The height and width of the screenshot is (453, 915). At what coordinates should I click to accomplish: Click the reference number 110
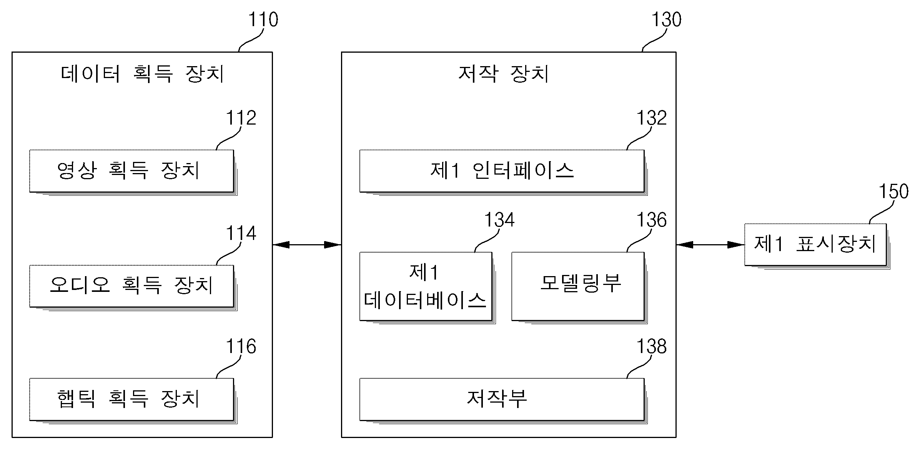pos(263,20)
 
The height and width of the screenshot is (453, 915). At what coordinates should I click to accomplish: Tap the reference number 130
pos(666,20)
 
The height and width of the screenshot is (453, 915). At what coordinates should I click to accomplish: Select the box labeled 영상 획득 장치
pos(131,171)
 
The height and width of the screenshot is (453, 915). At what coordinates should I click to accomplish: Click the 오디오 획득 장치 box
pos(131,286)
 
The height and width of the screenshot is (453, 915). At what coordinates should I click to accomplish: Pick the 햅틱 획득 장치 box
pos(131,399)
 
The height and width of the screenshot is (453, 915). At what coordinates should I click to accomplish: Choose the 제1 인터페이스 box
pos(502,171)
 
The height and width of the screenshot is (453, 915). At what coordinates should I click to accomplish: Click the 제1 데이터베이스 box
pos(426,286)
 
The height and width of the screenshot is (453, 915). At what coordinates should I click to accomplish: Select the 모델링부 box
pos(577,286)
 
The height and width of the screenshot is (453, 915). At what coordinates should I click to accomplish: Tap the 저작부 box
pos(502,399)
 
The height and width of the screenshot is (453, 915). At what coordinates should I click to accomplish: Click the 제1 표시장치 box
pos(815,245)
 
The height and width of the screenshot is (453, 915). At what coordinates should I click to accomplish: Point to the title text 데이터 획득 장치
pos(142,73)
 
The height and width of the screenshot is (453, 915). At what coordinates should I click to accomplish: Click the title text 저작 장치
pos(504,73)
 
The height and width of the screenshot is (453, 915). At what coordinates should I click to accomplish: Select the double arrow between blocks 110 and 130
pos(307,245)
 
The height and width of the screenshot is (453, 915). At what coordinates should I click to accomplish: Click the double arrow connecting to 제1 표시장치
pos(710,245)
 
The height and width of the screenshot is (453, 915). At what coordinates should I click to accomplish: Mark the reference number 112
pos(241,118)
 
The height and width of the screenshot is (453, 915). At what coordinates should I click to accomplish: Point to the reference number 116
pos(241,346)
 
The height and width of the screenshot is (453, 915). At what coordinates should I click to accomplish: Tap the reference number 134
pos(499,220)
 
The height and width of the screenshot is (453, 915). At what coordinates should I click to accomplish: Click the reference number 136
pos(651,220)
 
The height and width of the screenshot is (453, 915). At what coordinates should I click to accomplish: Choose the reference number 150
pos(894,192)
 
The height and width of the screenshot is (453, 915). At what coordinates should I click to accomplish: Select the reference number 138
pos(651,346)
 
